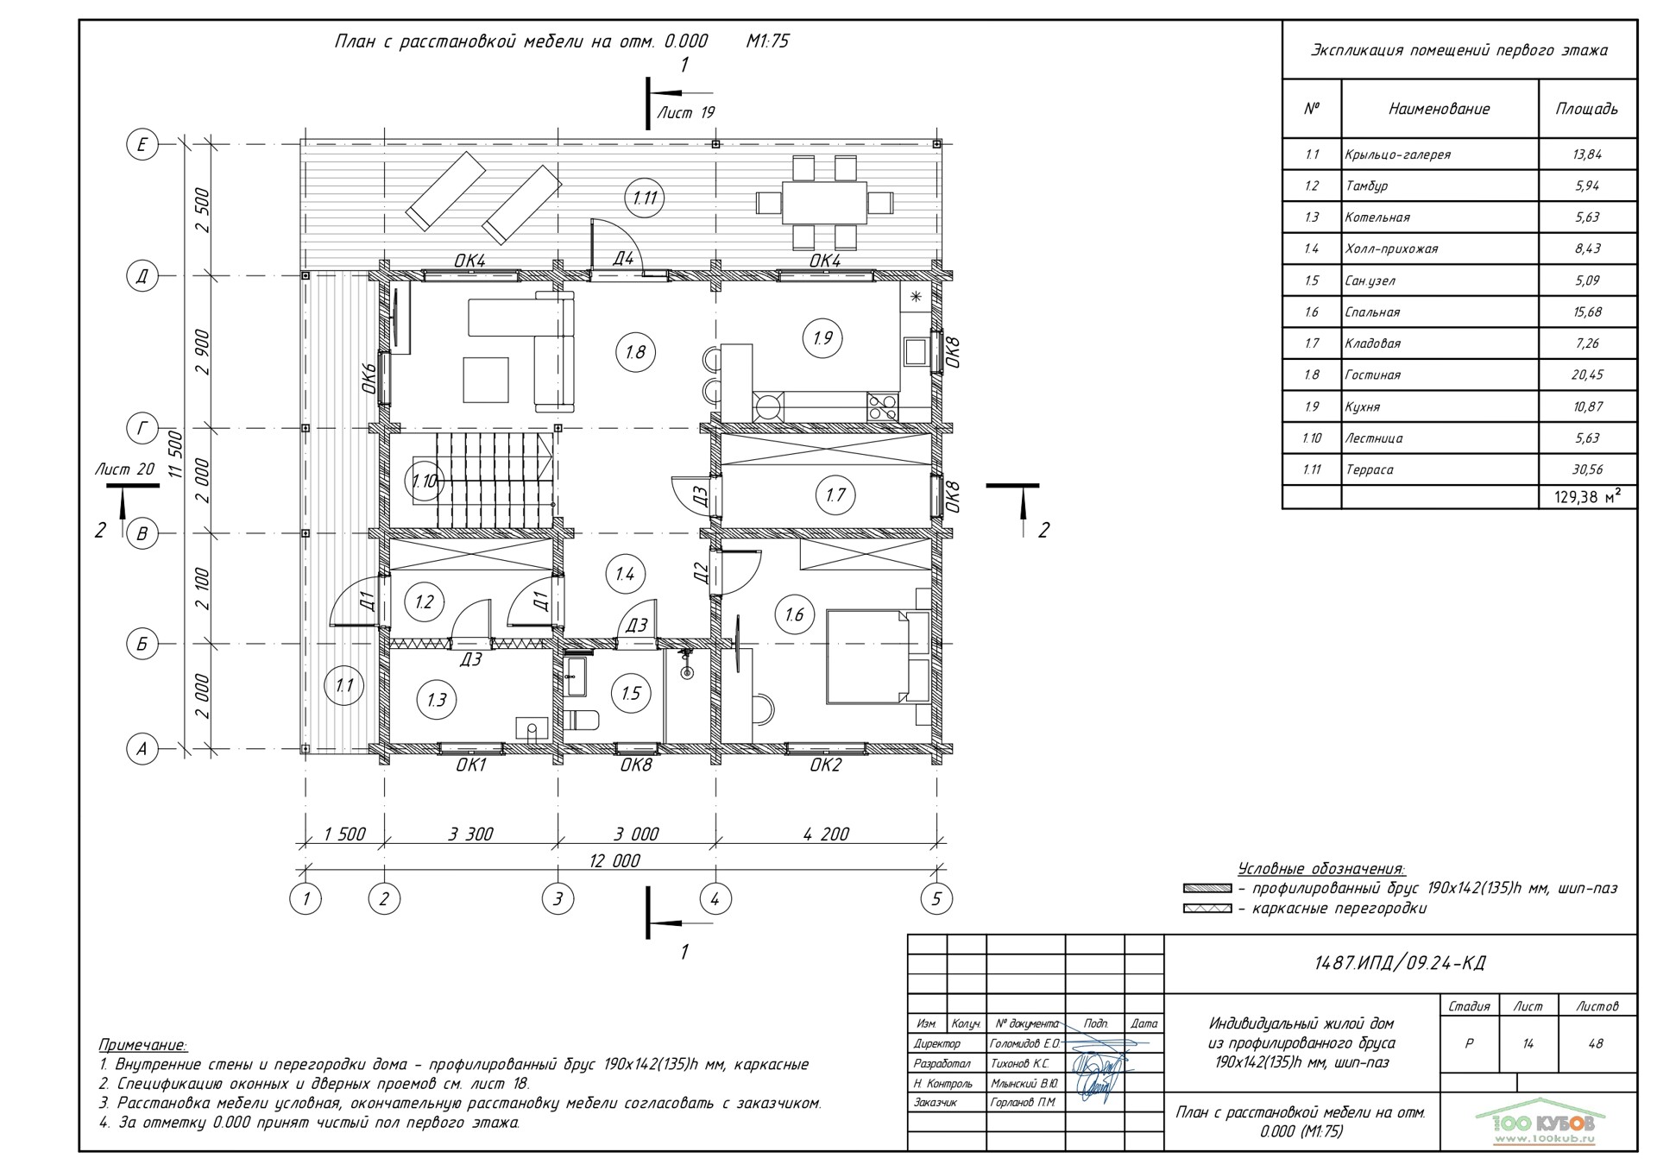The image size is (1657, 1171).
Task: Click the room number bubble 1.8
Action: [635, 352]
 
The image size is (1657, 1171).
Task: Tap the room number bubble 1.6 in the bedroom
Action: [794, 614]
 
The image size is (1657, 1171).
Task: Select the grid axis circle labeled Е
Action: [142, 144]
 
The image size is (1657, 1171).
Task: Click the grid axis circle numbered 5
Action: [936, 899]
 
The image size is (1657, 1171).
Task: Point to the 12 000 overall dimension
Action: [614, 860]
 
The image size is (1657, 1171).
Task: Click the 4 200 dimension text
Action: [826, 834]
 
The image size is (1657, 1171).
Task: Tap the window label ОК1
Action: [471, 765]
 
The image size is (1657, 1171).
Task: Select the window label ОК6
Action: [369, 378]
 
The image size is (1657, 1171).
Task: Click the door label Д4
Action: [623, 258]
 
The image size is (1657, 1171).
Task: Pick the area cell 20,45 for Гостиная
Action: [1587, 375]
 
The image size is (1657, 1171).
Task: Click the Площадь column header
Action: [1586, 109]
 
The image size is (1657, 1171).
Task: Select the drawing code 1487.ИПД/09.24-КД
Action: [1400, 963]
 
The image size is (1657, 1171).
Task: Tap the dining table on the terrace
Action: [824, 203]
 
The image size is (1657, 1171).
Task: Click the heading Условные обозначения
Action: [1321, 868]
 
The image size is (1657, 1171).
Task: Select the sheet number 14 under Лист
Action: [1528, 1043]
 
